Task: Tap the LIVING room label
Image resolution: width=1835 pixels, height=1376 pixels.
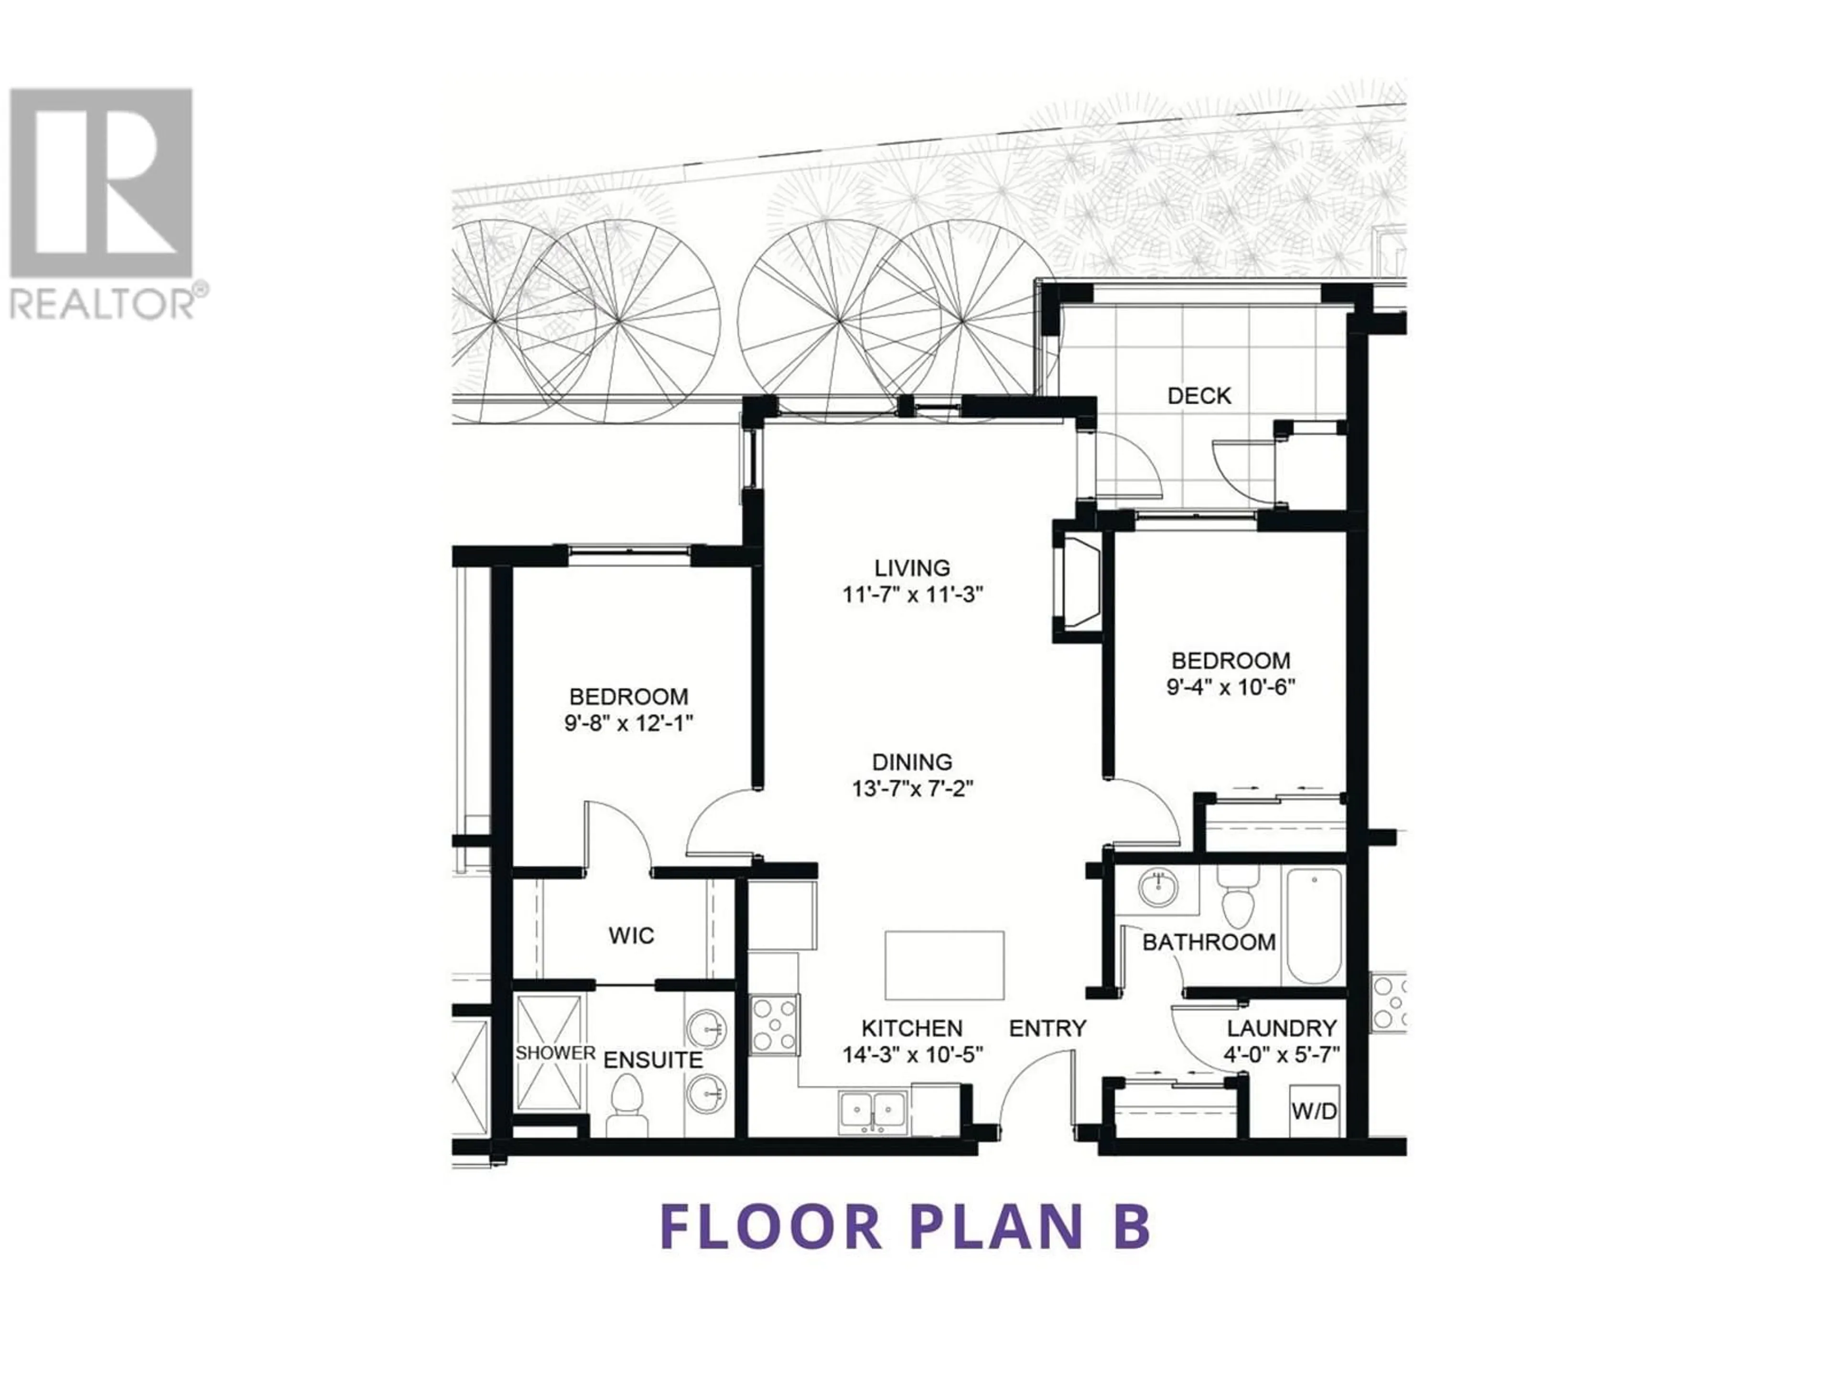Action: coord(913,568)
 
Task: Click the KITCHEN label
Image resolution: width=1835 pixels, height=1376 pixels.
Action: coord(913,1029)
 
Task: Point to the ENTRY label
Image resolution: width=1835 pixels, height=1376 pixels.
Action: coord(1048,1029)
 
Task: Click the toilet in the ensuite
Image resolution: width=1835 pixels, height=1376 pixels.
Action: coord(627,1105)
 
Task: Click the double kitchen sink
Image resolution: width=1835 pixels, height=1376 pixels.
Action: coord(873,1111)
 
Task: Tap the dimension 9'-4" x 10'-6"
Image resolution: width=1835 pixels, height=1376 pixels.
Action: coord(1231,688)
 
